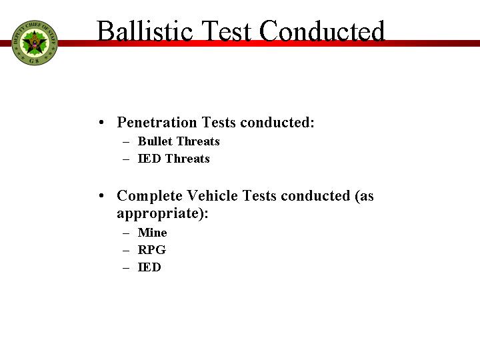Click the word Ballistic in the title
[145, 31]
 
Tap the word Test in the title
[226, 31]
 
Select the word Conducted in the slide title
[322, 31]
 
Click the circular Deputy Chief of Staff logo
[35, 43]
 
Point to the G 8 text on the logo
[34, 61]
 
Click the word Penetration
[157, 122]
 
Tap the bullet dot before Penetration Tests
[101, 123]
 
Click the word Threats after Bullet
[199, 141]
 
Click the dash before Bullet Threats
[126, 142]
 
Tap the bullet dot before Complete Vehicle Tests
[101, 196]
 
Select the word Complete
[149, 195]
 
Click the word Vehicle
[212, 195]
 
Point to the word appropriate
[160, 213]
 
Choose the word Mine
[153, 233]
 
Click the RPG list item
[152, 250]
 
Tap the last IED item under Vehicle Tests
[149, 267]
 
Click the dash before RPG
[126, 251]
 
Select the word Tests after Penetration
[219, 122]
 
